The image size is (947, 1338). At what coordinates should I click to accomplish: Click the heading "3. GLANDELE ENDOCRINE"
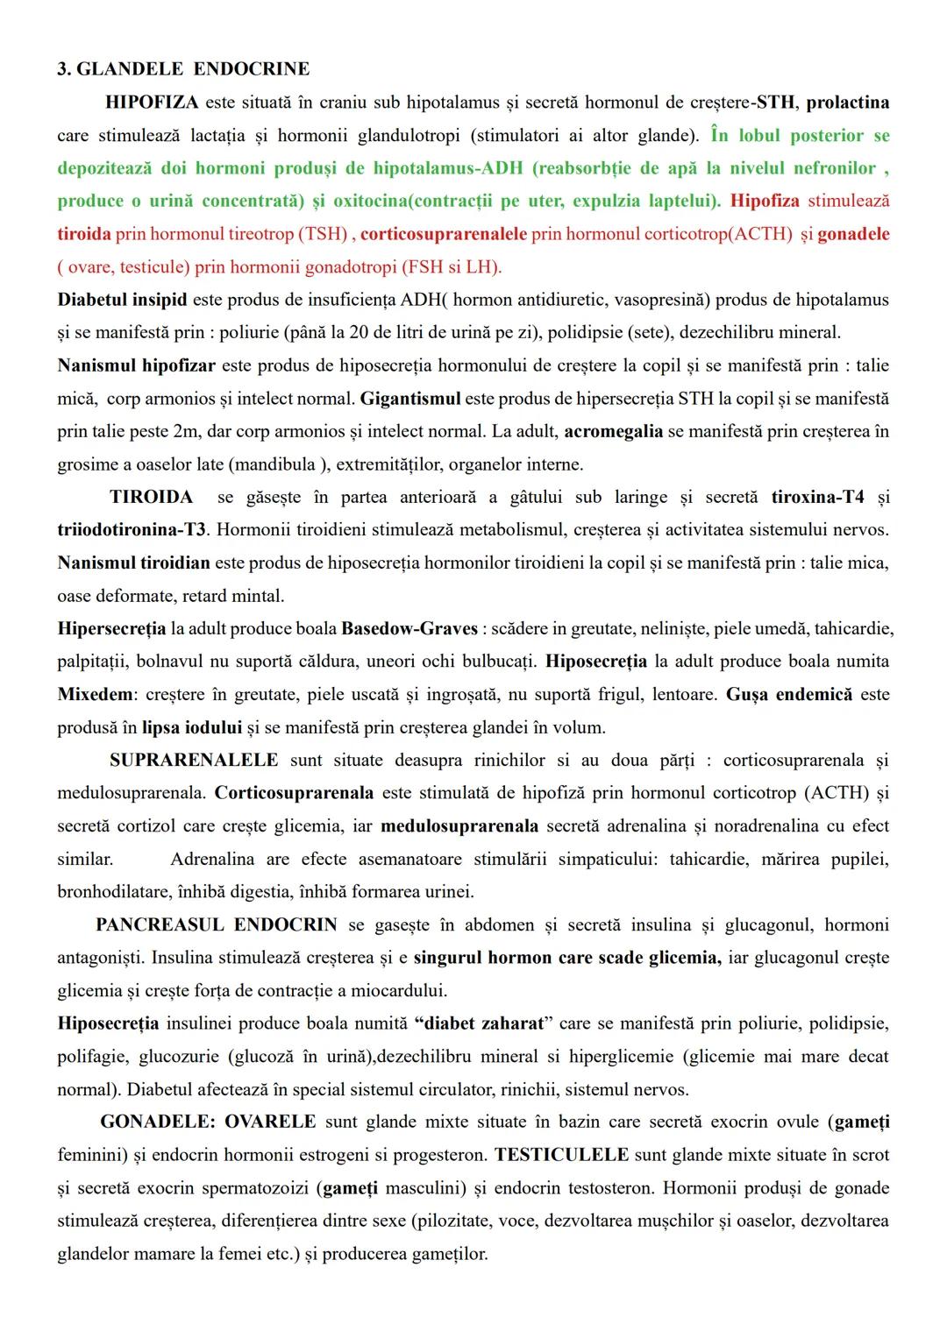pyautogui.click(x=183, y=69)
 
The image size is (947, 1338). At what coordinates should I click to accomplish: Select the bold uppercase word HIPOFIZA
pyautogui.click(x=152, y=103)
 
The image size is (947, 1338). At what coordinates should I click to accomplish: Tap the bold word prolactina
pyautogui.click(x=847, y=103)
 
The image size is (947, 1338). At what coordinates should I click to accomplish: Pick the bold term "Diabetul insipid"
pyautogui.click(x=122, y=300)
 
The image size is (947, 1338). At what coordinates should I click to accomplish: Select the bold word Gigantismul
pyautogui.click(x=409, y=399)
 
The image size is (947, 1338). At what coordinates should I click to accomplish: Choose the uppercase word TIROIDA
pyautogui.click(x=151, y=498)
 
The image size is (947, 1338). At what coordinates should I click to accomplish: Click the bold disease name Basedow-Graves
pyautogui.click(x=409, y=629)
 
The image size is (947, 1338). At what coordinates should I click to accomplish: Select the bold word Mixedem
pyautogui.click(x=96, y=695)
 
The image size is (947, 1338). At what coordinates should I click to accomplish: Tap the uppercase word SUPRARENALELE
pyautogui.click(x=194, y=761)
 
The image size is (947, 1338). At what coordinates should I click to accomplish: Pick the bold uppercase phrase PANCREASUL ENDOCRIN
pyautogui.click(x=217, y=925)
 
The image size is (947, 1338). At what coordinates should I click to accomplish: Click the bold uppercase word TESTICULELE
pyautogui.click(x=561, y=1155)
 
